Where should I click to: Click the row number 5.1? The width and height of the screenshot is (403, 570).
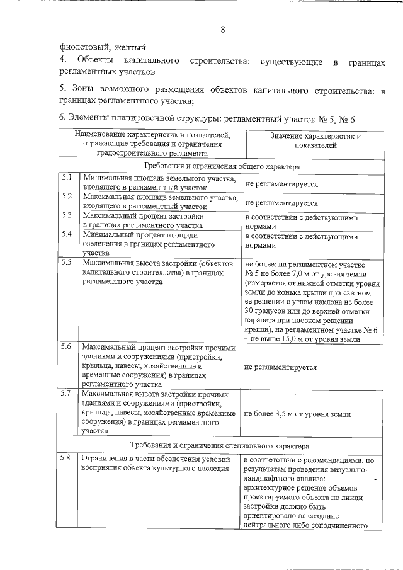67,178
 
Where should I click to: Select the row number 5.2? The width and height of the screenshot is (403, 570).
67,196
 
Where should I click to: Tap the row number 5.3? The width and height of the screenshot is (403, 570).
67,215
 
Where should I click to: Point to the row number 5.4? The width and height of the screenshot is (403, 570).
67,234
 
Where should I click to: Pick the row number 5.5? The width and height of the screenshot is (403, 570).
67,262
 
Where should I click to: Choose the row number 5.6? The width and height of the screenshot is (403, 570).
67,347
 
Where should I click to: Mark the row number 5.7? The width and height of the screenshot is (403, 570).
67,394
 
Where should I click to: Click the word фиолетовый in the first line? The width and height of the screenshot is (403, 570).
82,47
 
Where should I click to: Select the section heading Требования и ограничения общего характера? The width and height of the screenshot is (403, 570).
220,166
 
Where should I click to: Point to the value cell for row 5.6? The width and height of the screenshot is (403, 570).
281,367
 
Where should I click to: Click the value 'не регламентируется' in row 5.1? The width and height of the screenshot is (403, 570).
281,185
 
